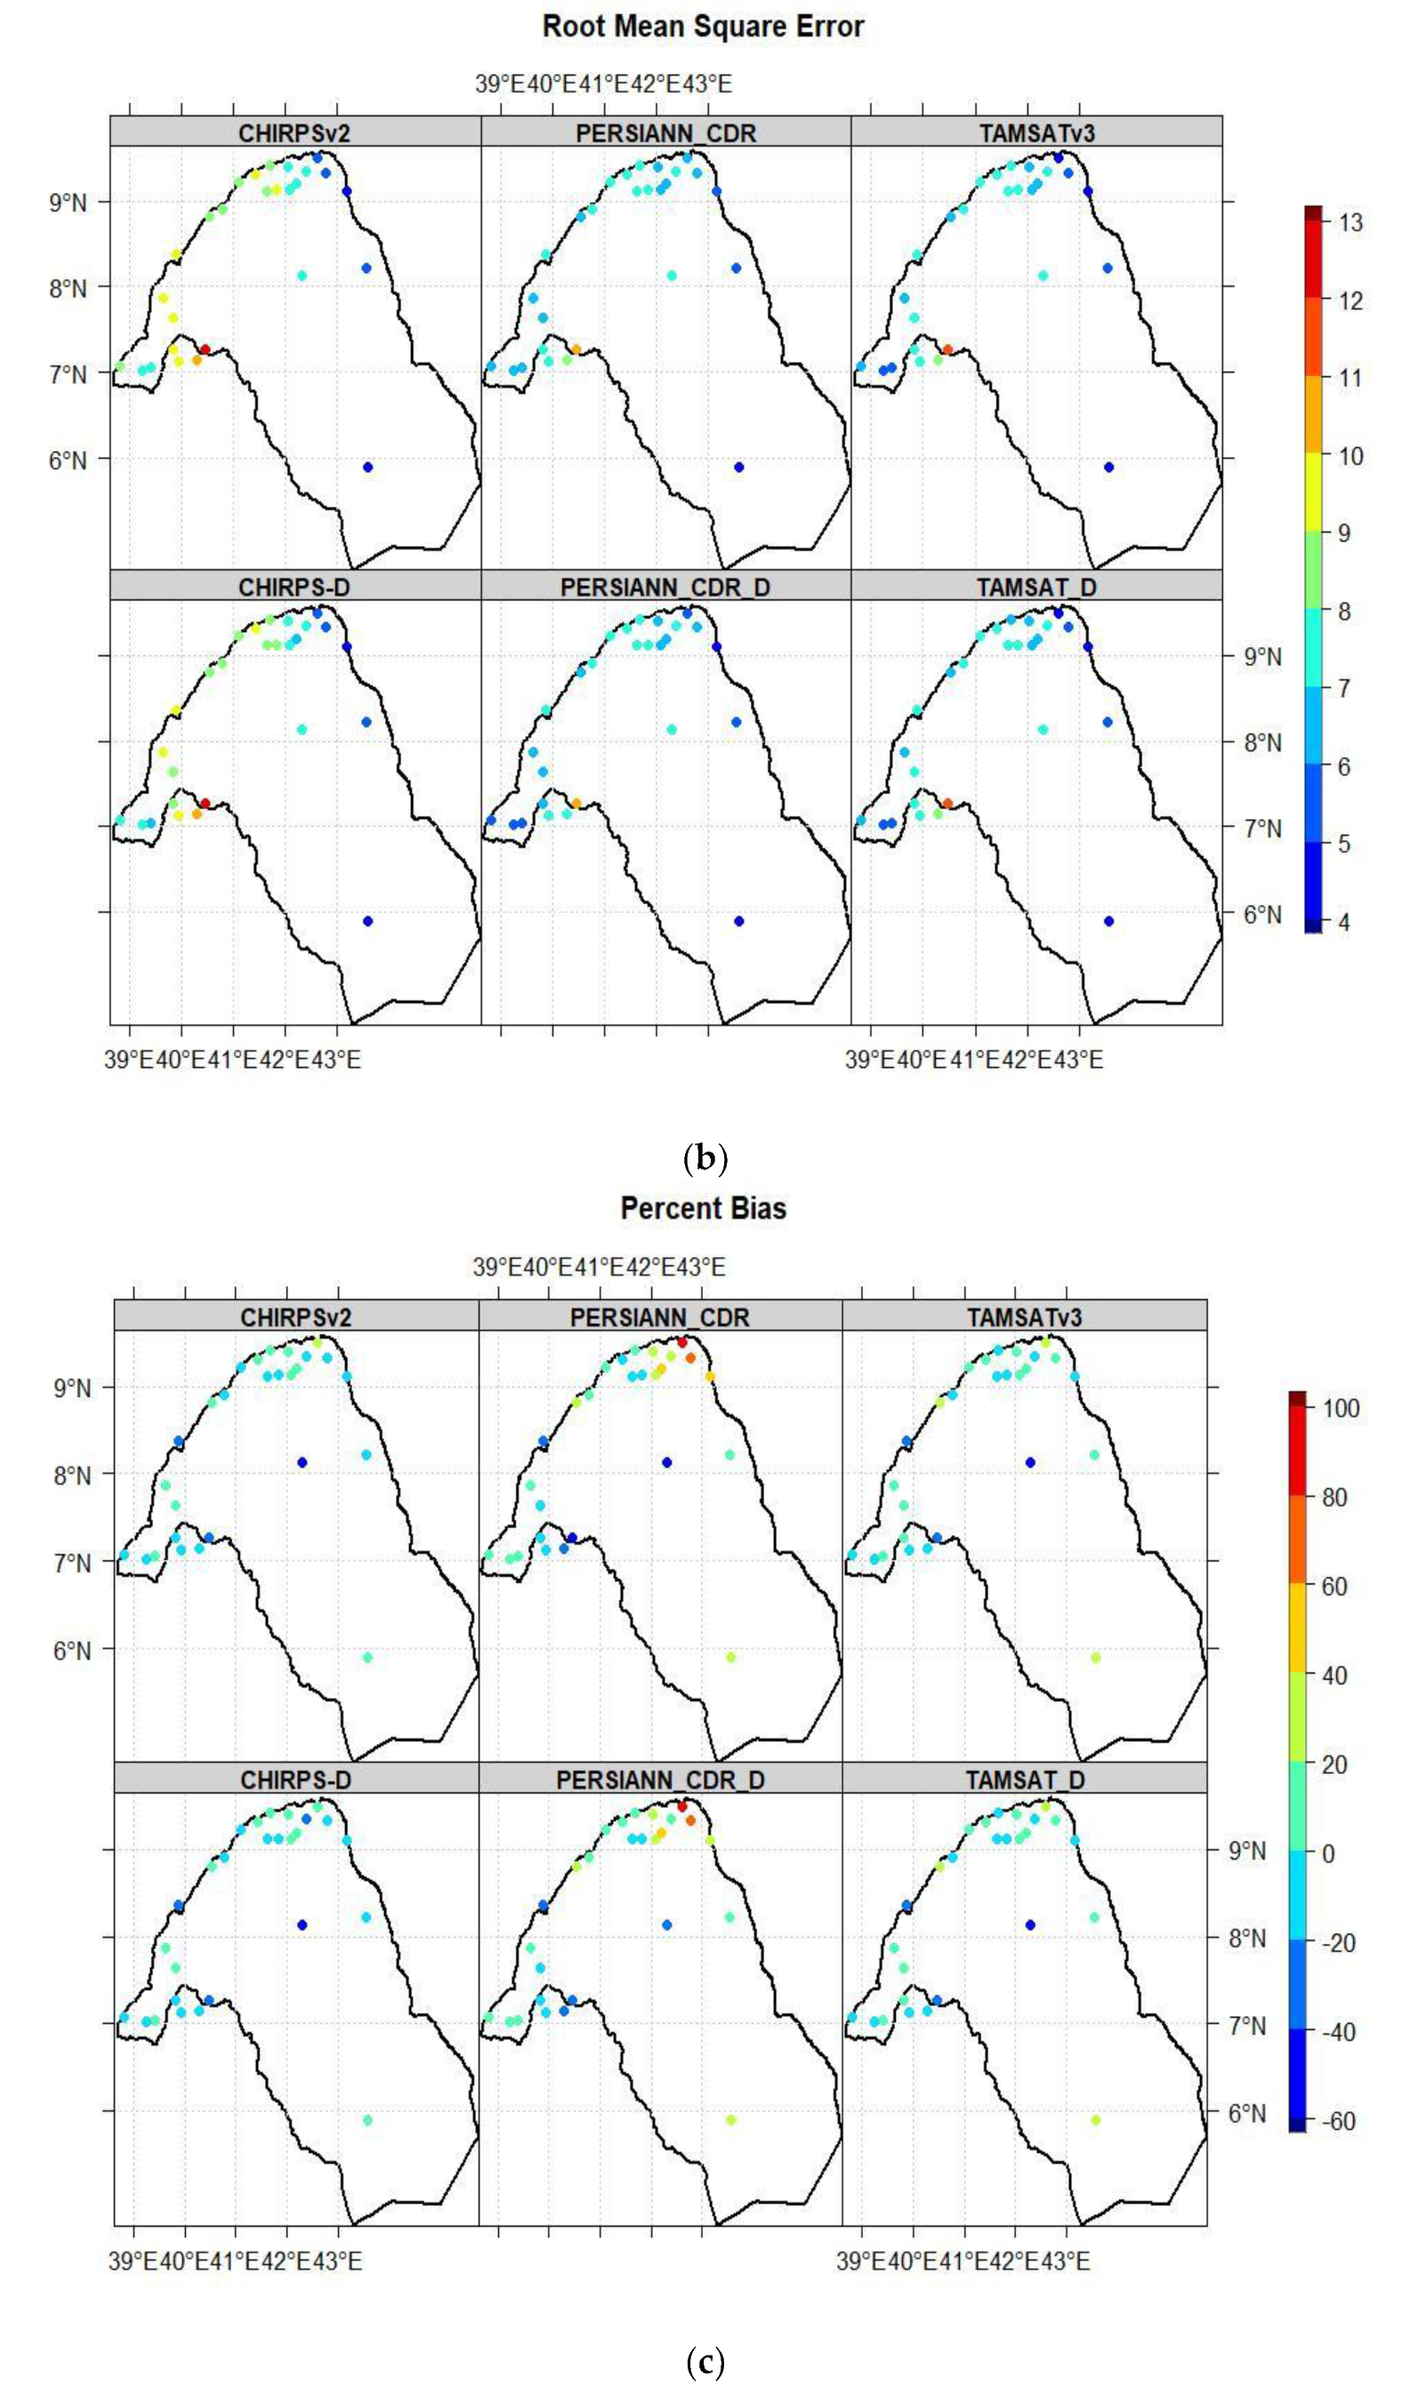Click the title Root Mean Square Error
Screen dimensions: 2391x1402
[703, 27]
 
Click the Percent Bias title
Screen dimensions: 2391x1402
[703, 1208]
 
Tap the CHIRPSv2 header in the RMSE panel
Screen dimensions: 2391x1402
[294, 132]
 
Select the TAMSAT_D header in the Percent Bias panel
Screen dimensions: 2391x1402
[1024, 1780]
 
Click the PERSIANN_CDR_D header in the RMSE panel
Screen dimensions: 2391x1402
[665, 588]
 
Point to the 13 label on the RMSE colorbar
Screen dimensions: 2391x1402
[1350, 223]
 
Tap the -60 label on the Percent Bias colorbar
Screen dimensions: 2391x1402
[1337, 2122]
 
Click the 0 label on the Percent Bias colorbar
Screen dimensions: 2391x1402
[1327, 1854]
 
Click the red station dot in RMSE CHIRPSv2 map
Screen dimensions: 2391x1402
[205, 349]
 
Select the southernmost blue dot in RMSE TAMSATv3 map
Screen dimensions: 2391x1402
[1108, 467]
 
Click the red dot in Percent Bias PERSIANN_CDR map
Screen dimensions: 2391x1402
[681, 1342]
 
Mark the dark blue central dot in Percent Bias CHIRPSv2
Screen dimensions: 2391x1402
[302, 1462]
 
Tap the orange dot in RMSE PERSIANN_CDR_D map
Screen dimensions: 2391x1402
[576, 804]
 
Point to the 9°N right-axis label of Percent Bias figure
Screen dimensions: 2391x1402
[1245, 1851]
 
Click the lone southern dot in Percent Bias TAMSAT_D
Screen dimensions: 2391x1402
[1095, 2120]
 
